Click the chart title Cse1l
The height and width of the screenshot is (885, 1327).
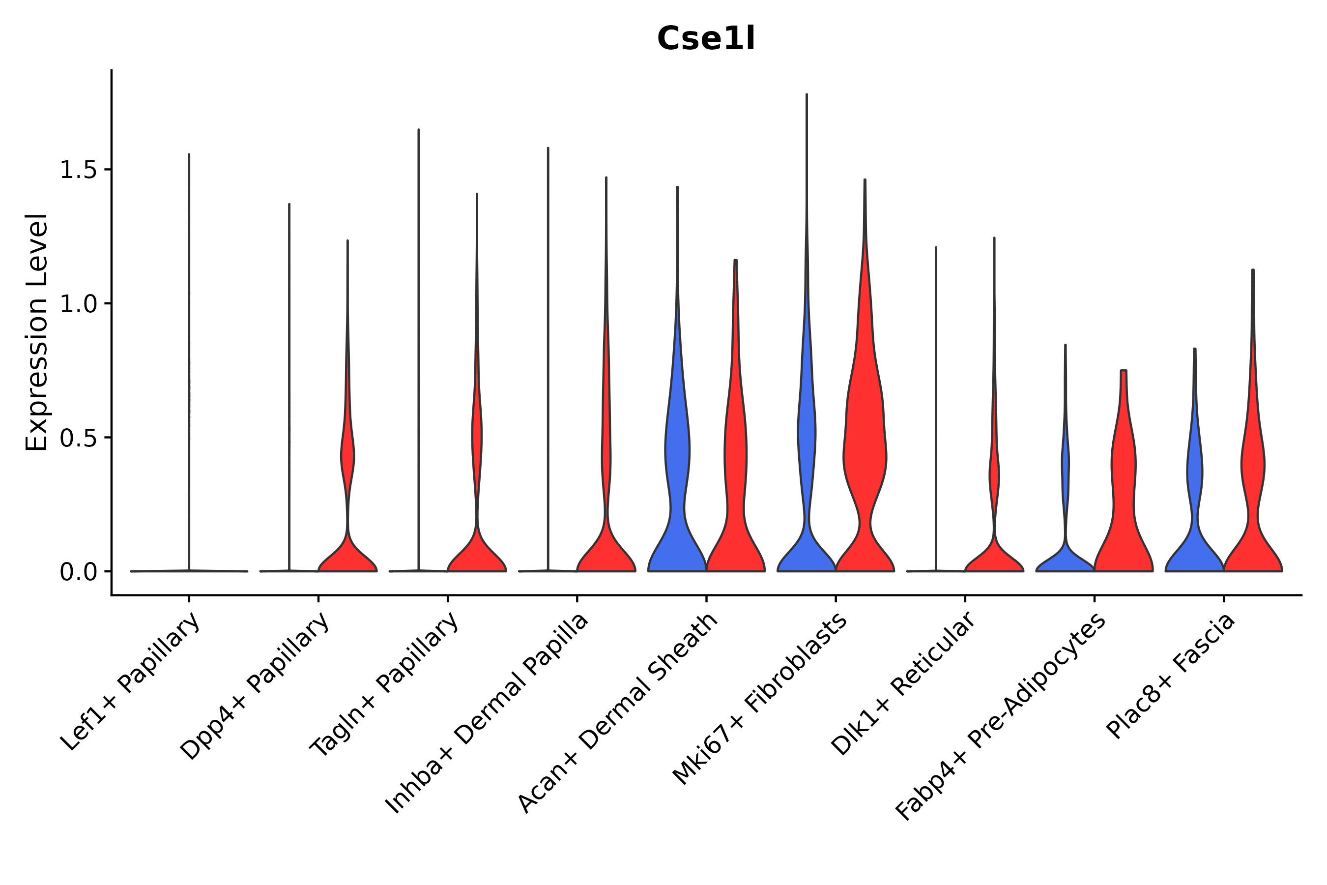[x=705, y=39]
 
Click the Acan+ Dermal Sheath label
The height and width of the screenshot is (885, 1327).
[x=618, y=713]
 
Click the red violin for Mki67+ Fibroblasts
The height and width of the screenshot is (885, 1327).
[x=865, y=451]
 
